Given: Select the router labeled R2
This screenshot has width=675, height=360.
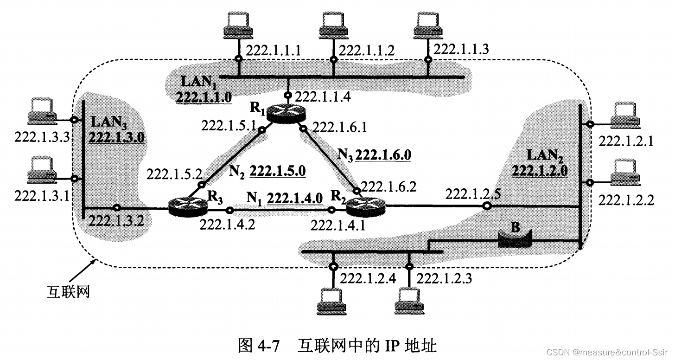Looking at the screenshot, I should pos(366,206).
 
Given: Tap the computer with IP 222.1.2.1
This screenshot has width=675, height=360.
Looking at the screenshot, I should pos(625,116).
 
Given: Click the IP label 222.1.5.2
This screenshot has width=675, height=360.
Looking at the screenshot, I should pos(174,174).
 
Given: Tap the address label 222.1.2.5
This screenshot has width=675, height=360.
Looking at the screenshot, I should pos(473,193).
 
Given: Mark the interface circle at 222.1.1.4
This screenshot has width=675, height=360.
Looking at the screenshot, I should pos(288,96).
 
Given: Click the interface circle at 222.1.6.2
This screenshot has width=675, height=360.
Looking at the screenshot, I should pos(356,190).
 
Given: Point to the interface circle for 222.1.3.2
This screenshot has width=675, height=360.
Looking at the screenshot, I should pos(117,208).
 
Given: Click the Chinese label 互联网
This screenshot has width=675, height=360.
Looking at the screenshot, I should pos(68,292).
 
